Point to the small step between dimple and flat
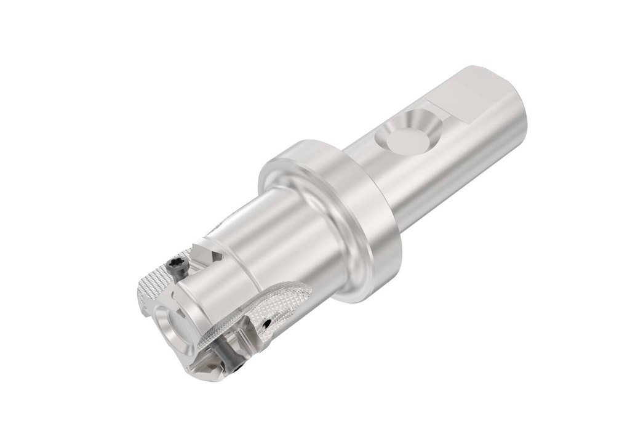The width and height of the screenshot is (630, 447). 438,114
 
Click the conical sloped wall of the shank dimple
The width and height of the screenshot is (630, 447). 425,123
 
